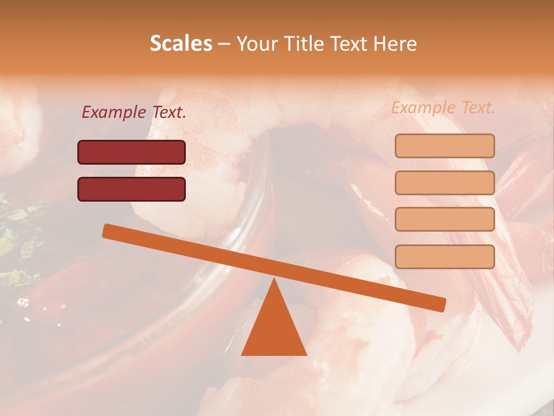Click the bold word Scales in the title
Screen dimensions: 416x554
[181, 43]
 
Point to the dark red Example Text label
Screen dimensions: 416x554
[134, 113]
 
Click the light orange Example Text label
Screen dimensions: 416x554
[443, 107]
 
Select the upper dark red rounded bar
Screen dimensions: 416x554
[132, 152]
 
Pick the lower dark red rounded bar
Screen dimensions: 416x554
[132, 189]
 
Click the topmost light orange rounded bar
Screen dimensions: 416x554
[444, 146]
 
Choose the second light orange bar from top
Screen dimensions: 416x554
[444, 183]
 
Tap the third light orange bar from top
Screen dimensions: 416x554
[444, 219]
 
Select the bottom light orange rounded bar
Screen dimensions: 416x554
[444, 257]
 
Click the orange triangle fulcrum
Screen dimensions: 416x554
[274, 329]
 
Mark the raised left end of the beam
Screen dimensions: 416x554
[107, 231]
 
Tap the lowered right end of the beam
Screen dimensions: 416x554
[441, 304]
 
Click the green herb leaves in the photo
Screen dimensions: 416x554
[14, 237]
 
